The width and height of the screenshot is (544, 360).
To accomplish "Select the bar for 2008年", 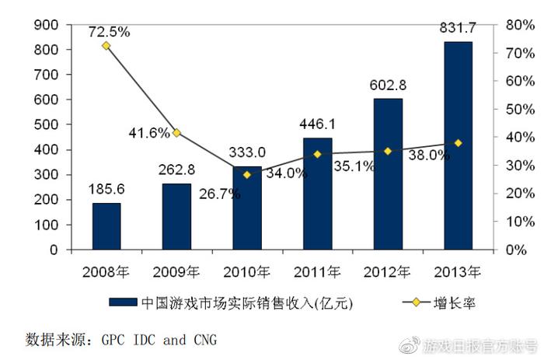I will [x=106, y=226].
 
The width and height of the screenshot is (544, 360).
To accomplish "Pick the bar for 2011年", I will [x=318, y=194].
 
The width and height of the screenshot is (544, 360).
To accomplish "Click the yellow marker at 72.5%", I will [x=106, y=46].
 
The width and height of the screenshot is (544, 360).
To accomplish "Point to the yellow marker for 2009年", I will [x=176, y=133].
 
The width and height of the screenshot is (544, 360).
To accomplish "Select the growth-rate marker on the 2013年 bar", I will [x=459, y=143].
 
